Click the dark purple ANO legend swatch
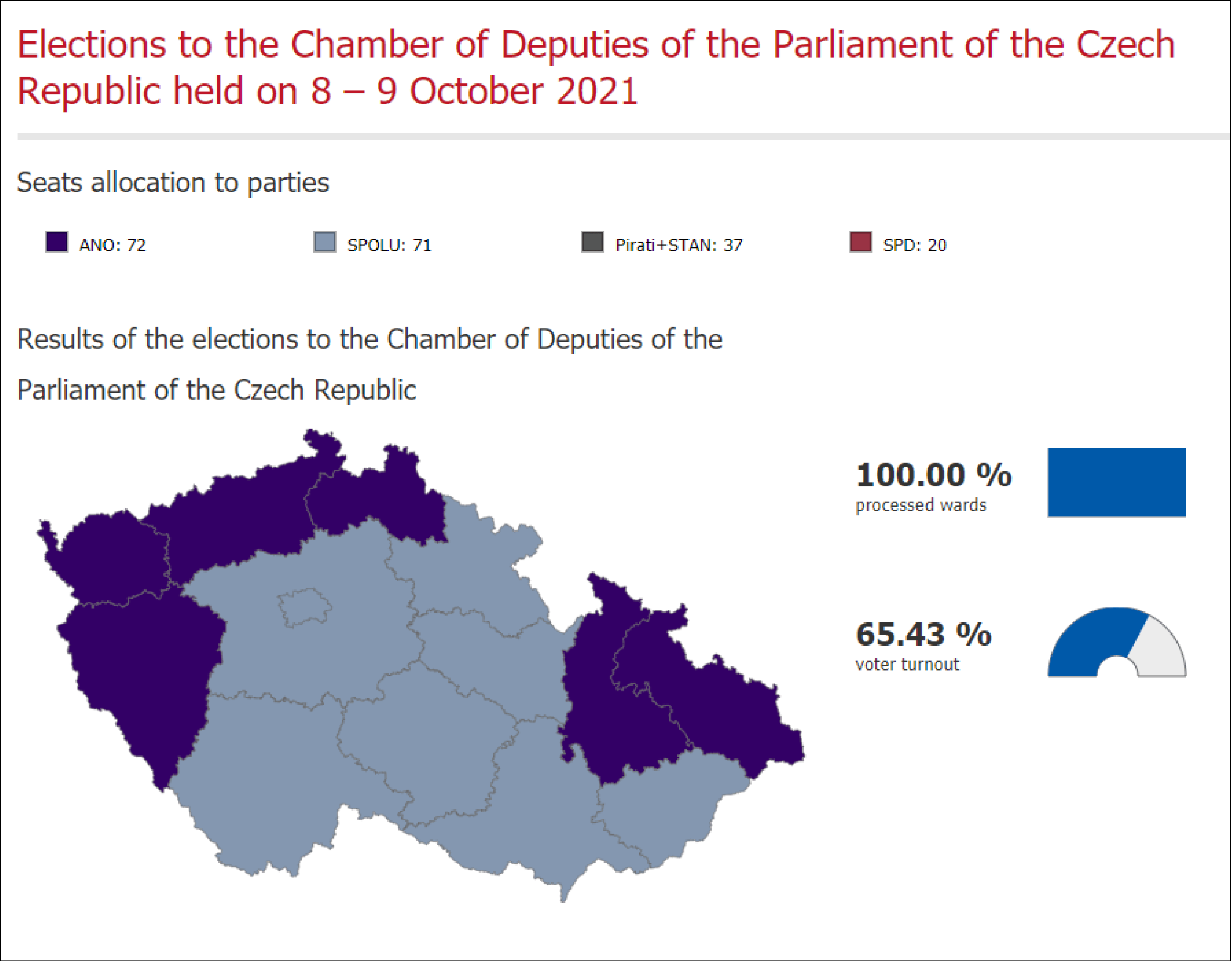tap(56, 242)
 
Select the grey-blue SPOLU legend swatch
tap(325, 242)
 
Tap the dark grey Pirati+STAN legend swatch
tap(592, 242)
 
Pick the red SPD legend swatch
tap(861, 242)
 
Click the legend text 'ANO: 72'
tap(112, 245)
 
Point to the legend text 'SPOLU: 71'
tap(389, 245)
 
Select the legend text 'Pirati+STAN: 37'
tap(679, 245)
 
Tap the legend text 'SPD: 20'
tap(914, 245)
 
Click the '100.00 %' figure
tap(933, 475)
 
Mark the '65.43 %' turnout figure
tap(923, 634)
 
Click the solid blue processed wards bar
tap(1116, 482)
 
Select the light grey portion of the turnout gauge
tap(1161, 648)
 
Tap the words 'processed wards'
tap(921, 505)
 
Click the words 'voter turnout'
tap(907, 664)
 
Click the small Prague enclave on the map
tap(303, 607)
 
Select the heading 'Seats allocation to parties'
tap(173, 183)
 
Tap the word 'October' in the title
tap(477, 92)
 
